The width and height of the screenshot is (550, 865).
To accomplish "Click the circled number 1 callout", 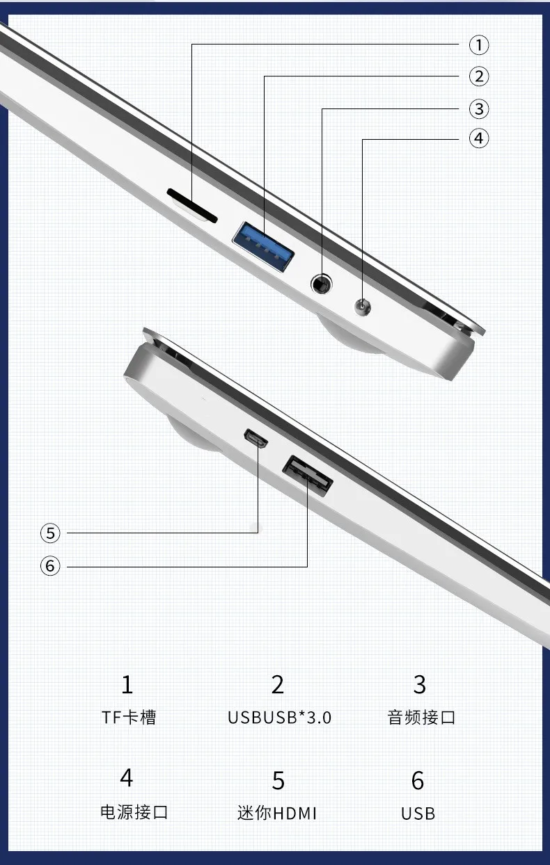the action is tap(479, 45).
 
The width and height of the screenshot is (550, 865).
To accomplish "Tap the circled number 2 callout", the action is tap(479, 76).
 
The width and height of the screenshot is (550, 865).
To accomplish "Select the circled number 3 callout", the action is tap(479, 109).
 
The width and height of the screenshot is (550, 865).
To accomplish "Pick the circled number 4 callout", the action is tap(479, 138).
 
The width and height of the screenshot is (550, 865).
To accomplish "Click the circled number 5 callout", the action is tap(50, 533).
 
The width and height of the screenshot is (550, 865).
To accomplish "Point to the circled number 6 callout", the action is tap(50, 566).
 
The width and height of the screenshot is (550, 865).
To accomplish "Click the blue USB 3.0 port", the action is tap(263, 247).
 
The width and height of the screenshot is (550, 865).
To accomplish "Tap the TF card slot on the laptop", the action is tap(192, 205).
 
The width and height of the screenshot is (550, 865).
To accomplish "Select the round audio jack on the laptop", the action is tap(322, 284).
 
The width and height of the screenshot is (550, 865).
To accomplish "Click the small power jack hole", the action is tap(363, 307).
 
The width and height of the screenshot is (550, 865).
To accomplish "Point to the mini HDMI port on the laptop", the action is tap(256, 439).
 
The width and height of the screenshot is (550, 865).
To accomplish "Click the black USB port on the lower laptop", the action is tap(308, 476).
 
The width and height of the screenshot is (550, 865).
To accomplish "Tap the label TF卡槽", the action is tap(129, 718).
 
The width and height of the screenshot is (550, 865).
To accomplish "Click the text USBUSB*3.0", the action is tap(279, 718).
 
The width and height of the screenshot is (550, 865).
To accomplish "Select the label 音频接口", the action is tap(421, 718).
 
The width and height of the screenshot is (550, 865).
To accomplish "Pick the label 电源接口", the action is tap(134, 812).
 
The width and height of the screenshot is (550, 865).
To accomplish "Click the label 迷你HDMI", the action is tap(277, 813).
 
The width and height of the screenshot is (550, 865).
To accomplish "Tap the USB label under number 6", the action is tap(418, 814).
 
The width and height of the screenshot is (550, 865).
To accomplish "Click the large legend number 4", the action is tap(127, 777).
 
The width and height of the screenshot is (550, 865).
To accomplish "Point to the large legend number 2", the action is tap(278, 685).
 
